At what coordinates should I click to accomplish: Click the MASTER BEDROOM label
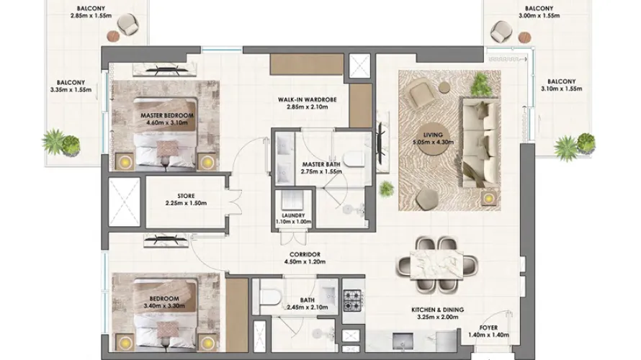[x=167, y=115]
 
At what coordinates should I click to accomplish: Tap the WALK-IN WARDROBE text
[x=302, y=100]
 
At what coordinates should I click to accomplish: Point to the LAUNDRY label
[x=293, y=215]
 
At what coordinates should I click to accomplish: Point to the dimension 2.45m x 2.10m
[x=310, y=307]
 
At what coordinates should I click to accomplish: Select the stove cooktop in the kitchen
[x=354, y=299]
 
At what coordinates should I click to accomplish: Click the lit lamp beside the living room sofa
[x=489, y=197]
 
